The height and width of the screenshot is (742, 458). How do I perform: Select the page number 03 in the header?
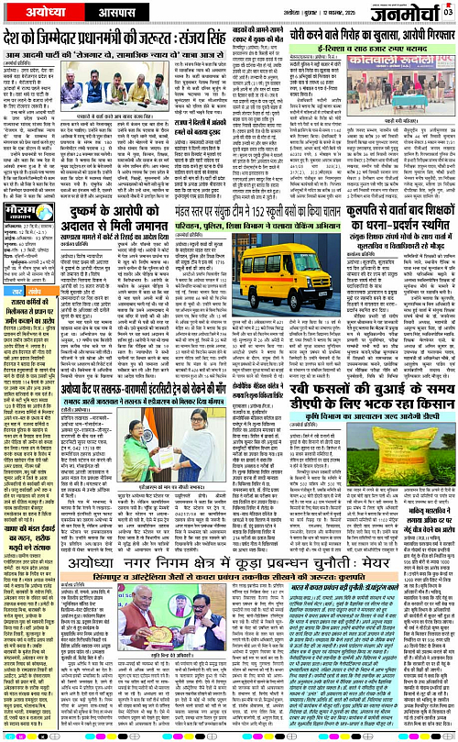448,11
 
